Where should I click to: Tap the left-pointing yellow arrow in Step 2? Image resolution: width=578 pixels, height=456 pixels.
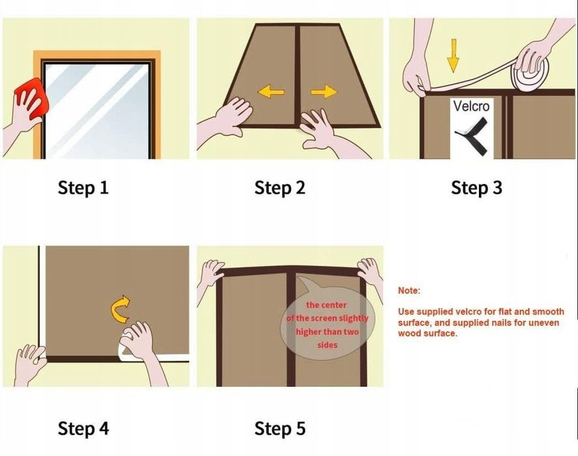pos(271,91)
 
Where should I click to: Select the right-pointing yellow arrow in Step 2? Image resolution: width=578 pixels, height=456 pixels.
pos(324,91)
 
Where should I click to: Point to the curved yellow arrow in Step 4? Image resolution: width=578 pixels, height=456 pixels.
pos(119,309)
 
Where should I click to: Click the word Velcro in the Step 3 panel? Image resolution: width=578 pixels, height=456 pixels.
pos(472,106)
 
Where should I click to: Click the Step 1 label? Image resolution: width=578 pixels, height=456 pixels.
pos(83,188)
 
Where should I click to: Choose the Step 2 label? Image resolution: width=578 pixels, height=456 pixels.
pos(280,188)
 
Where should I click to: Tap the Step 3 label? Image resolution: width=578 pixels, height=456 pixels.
pos(476,188)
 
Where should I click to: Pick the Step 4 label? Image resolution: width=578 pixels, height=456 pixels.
pos(83,429)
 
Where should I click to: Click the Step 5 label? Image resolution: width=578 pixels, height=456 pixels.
pos(280,429)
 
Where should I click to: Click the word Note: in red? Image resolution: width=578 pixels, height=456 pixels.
pos(409,290)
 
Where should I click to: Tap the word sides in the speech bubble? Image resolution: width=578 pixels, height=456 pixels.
pos(327,345)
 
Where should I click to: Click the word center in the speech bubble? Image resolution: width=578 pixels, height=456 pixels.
pos(334,305)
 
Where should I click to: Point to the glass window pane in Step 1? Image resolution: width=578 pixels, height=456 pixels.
pos(98,111)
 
